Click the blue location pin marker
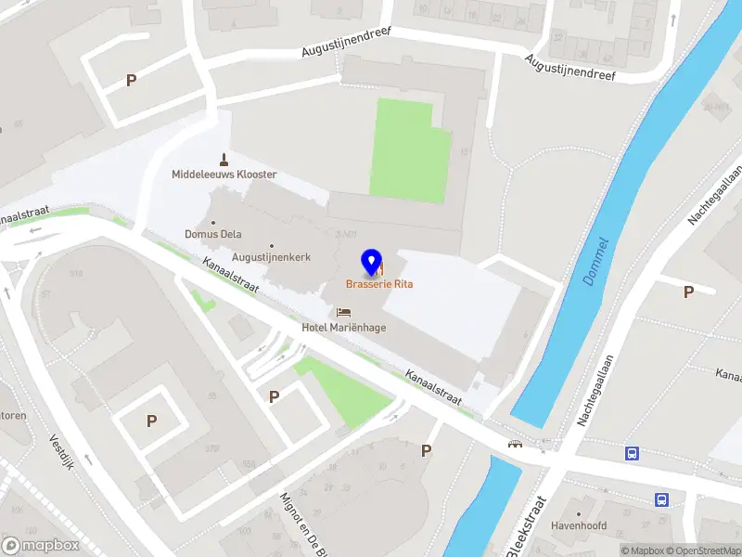(x=372, y=263)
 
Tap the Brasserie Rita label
(x=379, y=284)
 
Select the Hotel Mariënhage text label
(x=344, y=327)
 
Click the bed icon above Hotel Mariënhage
(x=344, y=312)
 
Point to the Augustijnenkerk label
(x=271, y=257)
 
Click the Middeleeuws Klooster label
(x=224, y=175)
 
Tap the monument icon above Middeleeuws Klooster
(x=224, y=159)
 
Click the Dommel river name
(x=595, y=263)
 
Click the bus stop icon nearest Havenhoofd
(x=661, y=499)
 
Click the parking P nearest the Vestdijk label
(x=151, y=421)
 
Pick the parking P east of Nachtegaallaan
(x=688, y=291)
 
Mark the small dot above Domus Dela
(x=213, y=222)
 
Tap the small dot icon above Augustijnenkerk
(x=271, y=245)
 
